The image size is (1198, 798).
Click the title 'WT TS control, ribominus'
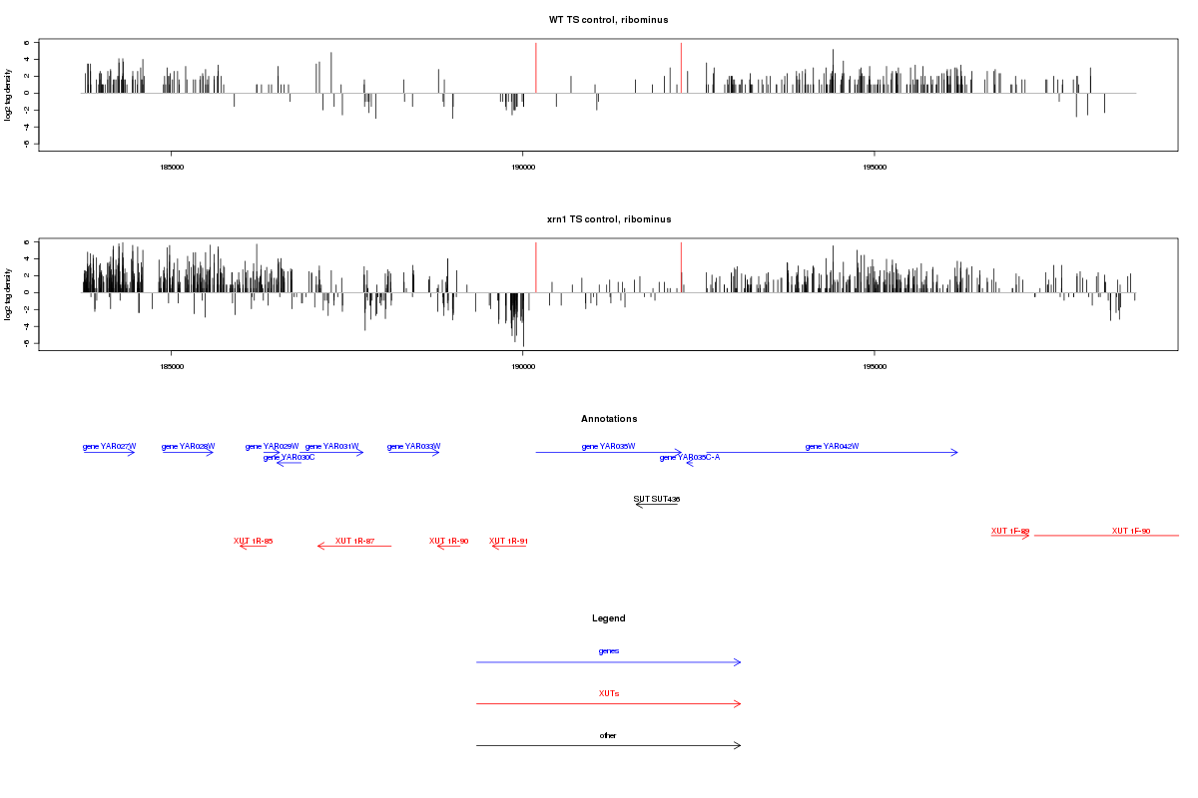click(608, 20)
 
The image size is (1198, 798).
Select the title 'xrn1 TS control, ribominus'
click(608, 218)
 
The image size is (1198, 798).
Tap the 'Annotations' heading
click(609, 419)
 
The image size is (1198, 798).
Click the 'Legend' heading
click(609, 618)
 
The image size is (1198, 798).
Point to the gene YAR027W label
click(109, 446)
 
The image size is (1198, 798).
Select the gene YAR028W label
click(188, 446)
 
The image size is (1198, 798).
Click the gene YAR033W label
click(413, 446)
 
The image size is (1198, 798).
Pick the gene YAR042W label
click(832, 446)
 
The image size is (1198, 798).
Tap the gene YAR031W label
click(331, 446)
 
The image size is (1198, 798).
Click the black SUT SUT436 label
click(657, 498)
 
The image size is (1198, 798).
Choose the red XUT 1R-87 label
click(354, 541)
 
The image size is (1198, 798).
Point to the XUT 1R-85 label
click(254, 541)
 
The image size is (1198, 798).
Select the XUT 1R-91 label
click(508, 541)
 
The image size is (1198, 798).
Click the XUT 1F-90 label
click(1131, 531)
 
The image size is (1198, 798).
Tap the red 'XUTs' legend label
click(609, 693)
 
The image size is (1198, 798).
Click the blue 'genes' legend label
click(609, 650)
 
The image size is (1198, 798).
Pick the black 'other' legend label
click(608, 735)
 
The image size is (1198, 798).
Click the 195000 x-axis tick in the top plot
click(874, 168)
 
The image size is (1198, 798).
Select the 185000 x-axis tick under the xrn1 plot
click(171, 367)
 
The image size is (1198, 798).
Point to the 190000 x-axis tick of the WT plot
click(522, 168)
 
